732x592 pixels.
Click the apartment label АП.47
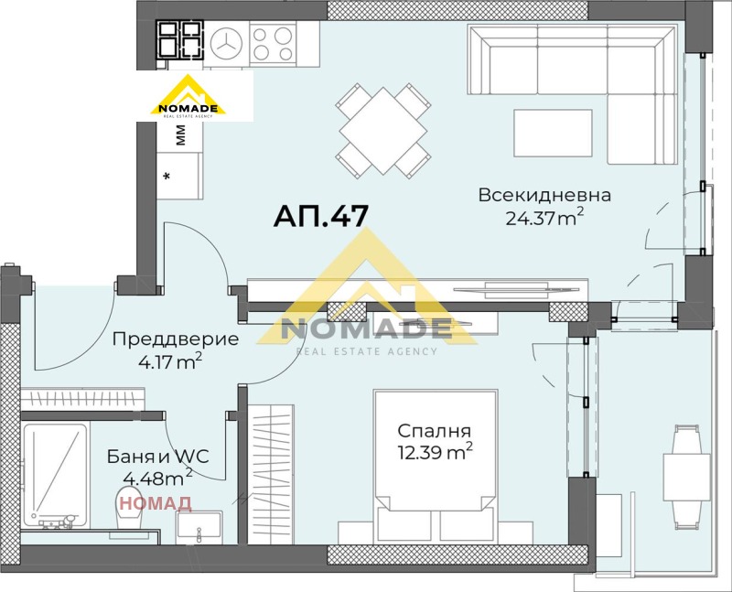321,216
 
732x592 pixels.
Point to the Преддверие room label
175,339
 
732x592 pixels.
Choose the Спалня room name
434,430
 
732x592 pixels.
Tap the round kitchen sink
225,41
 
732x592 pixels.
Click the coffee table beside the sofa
552,134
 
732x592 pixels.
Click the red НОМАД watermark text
156,502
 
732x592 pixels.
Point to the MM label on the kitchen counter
180,135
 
